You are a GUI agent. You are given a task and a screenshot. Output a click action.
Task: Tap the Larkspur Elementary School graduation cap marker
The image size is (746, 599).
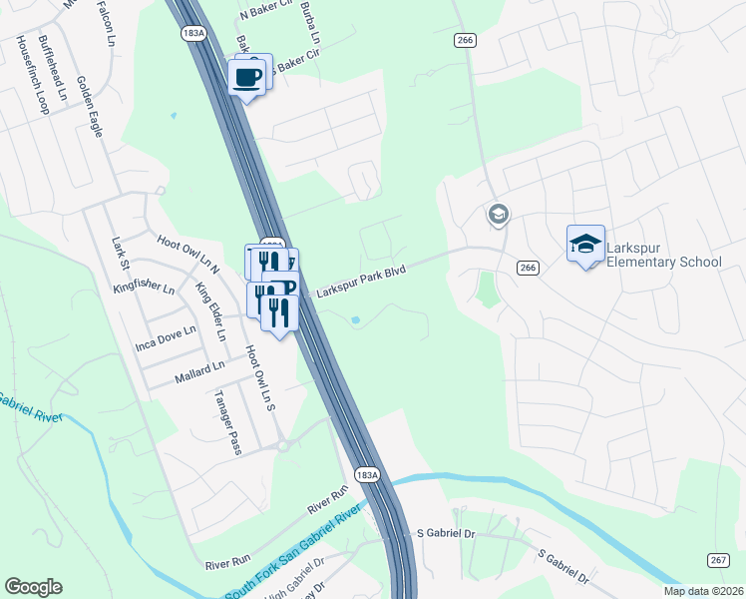(x=585, y=243)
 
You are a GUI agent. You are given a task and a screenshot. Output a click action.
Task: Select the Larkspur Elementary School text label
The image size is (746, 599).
(x=663, y=254)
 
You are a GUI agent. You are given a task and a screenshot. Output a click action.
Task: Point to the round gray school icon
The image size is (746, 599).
(x=498, y=214)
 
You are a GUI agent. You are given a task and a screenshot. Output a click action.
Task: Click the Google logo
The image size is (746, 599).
(x=33, y=587)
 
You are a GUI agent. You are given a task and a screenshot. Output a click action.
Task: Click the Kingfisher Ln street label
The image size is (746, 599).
(x=144, y=287)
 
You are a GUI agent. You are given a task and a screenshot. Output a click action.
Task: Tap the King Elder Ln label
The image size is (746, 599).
(x=210, y=310)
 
